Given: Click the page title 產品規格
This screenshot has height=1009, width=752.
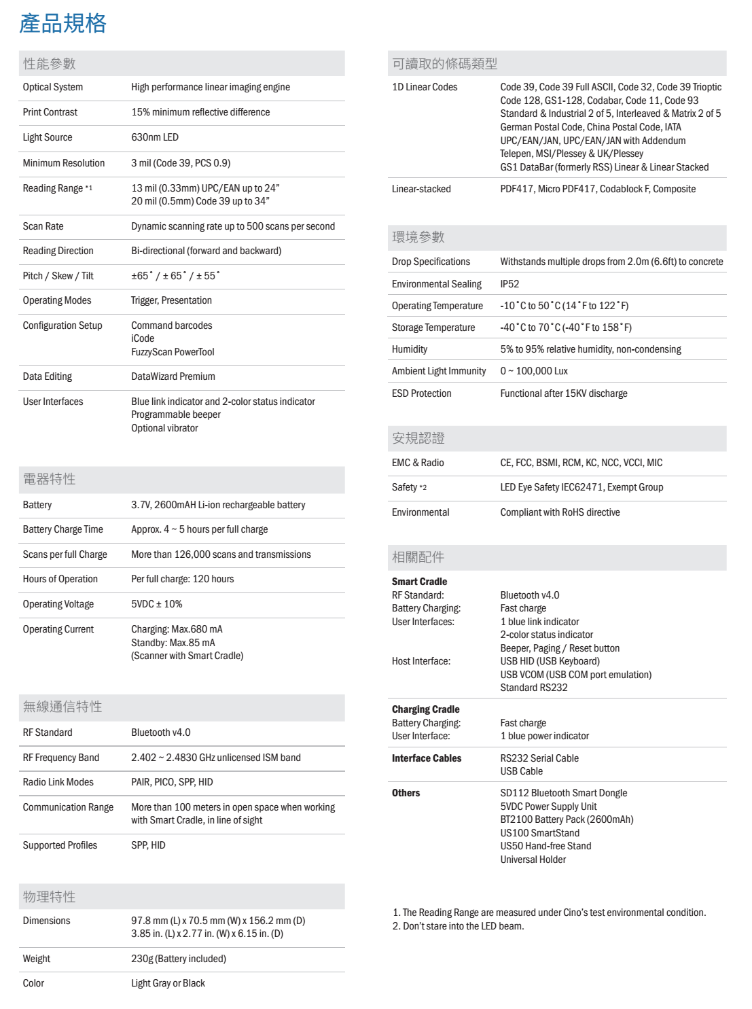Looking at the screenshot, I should (x=62, y=24).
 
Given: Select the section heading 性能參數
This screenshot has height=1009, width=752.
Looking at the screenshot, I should (x=49, y=64).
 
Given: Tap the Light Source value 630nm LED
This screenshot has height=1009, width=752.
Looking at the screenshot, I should (x=155, y=137).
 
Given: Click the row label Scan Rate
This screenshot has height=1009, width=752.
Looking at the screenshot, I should (x=43, y=226).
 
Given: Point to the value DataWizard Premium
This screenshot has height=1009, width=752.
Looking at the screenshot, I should (x=173, y=376).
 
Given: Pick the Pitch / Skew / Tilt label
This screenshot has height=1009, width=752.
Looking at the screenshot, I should (x=58, y=276).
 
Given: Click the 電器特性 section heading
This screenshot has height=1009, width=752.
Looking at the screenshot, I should (x=49, y=480).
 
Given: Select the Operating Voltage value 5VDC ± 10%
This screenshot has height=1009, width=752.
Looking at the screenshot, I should (x=157, y=604).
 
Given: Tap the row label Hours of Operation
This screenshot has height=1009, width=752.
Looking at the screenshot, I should (x=60, y=579).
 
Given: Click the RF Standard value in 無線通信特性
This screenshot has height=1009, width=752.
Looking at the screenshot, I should (x=161, y=732).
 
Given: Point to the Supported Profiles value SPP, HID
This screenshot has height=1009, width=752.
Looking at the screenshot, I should (x=148, y=845).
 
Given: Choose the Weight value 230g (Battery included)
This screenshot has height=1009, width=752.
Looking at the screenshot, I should (x=179, y=959).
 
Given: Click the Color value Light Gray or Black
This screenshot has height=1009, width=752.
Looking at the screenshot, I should (x=168, y=983).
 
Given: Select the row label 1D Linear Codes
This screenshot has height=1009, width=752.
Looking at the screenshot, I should (x=425, y=87).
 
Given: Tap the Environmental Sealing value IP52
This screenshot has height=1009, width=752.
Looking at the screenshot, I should (x=509, y=284).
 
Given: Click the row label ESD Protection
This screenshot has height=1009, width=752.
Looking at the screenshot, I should (x=421, y=393).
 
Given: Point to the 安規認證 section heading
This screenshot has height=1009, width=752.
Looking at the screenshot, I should (x=418, y=439).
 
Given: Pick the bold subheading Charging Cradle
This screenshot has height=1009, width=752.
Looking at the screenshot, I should (x=426, y=709).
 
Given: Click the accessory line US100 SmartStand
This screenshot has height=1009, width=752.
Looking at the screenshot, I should (x=540, y=833).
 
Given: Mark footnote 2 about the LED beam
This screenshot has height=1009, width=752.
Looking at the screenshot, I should (x=459, y=926).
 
